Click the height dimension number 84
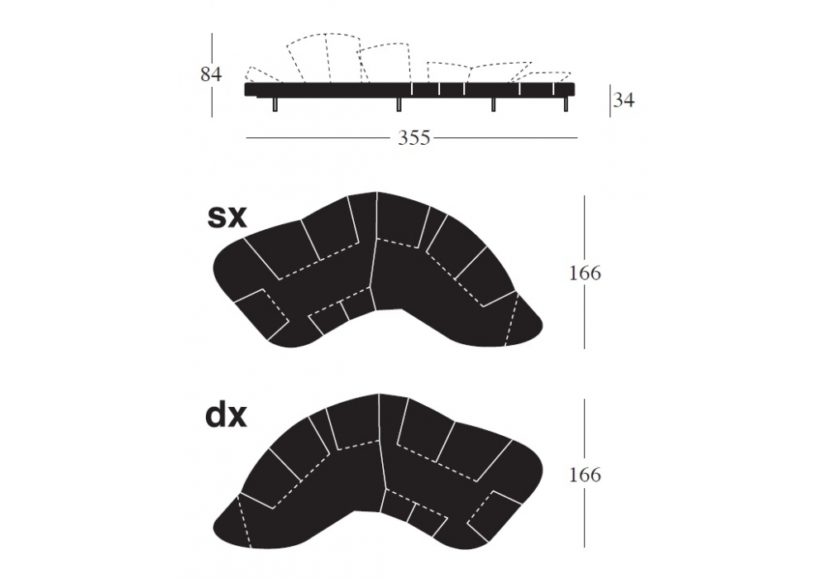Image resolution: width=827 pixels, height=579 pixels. [x=211, y=74]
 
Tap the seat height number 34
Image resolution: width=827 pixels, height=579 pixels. [x=624, y=99]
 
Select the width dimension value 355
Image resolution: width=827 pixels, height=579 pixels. [x=414, y=138]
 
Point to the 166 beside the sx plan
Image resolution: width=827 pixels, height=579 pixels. [x=585, y=273]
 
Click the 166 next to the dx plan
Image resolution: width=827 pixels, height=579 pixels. [x=585, y=475]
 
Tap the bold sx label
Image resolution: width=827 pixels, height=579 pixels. [x=227, y=217]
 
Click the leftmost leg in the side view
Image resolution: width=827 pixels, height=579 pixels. [x=275, y=104]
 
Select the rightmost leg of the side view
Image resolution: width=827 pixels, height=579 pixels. [x=566, y=104]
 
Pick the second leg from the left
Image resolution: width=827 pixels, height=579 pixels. [x=399, y=104]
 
